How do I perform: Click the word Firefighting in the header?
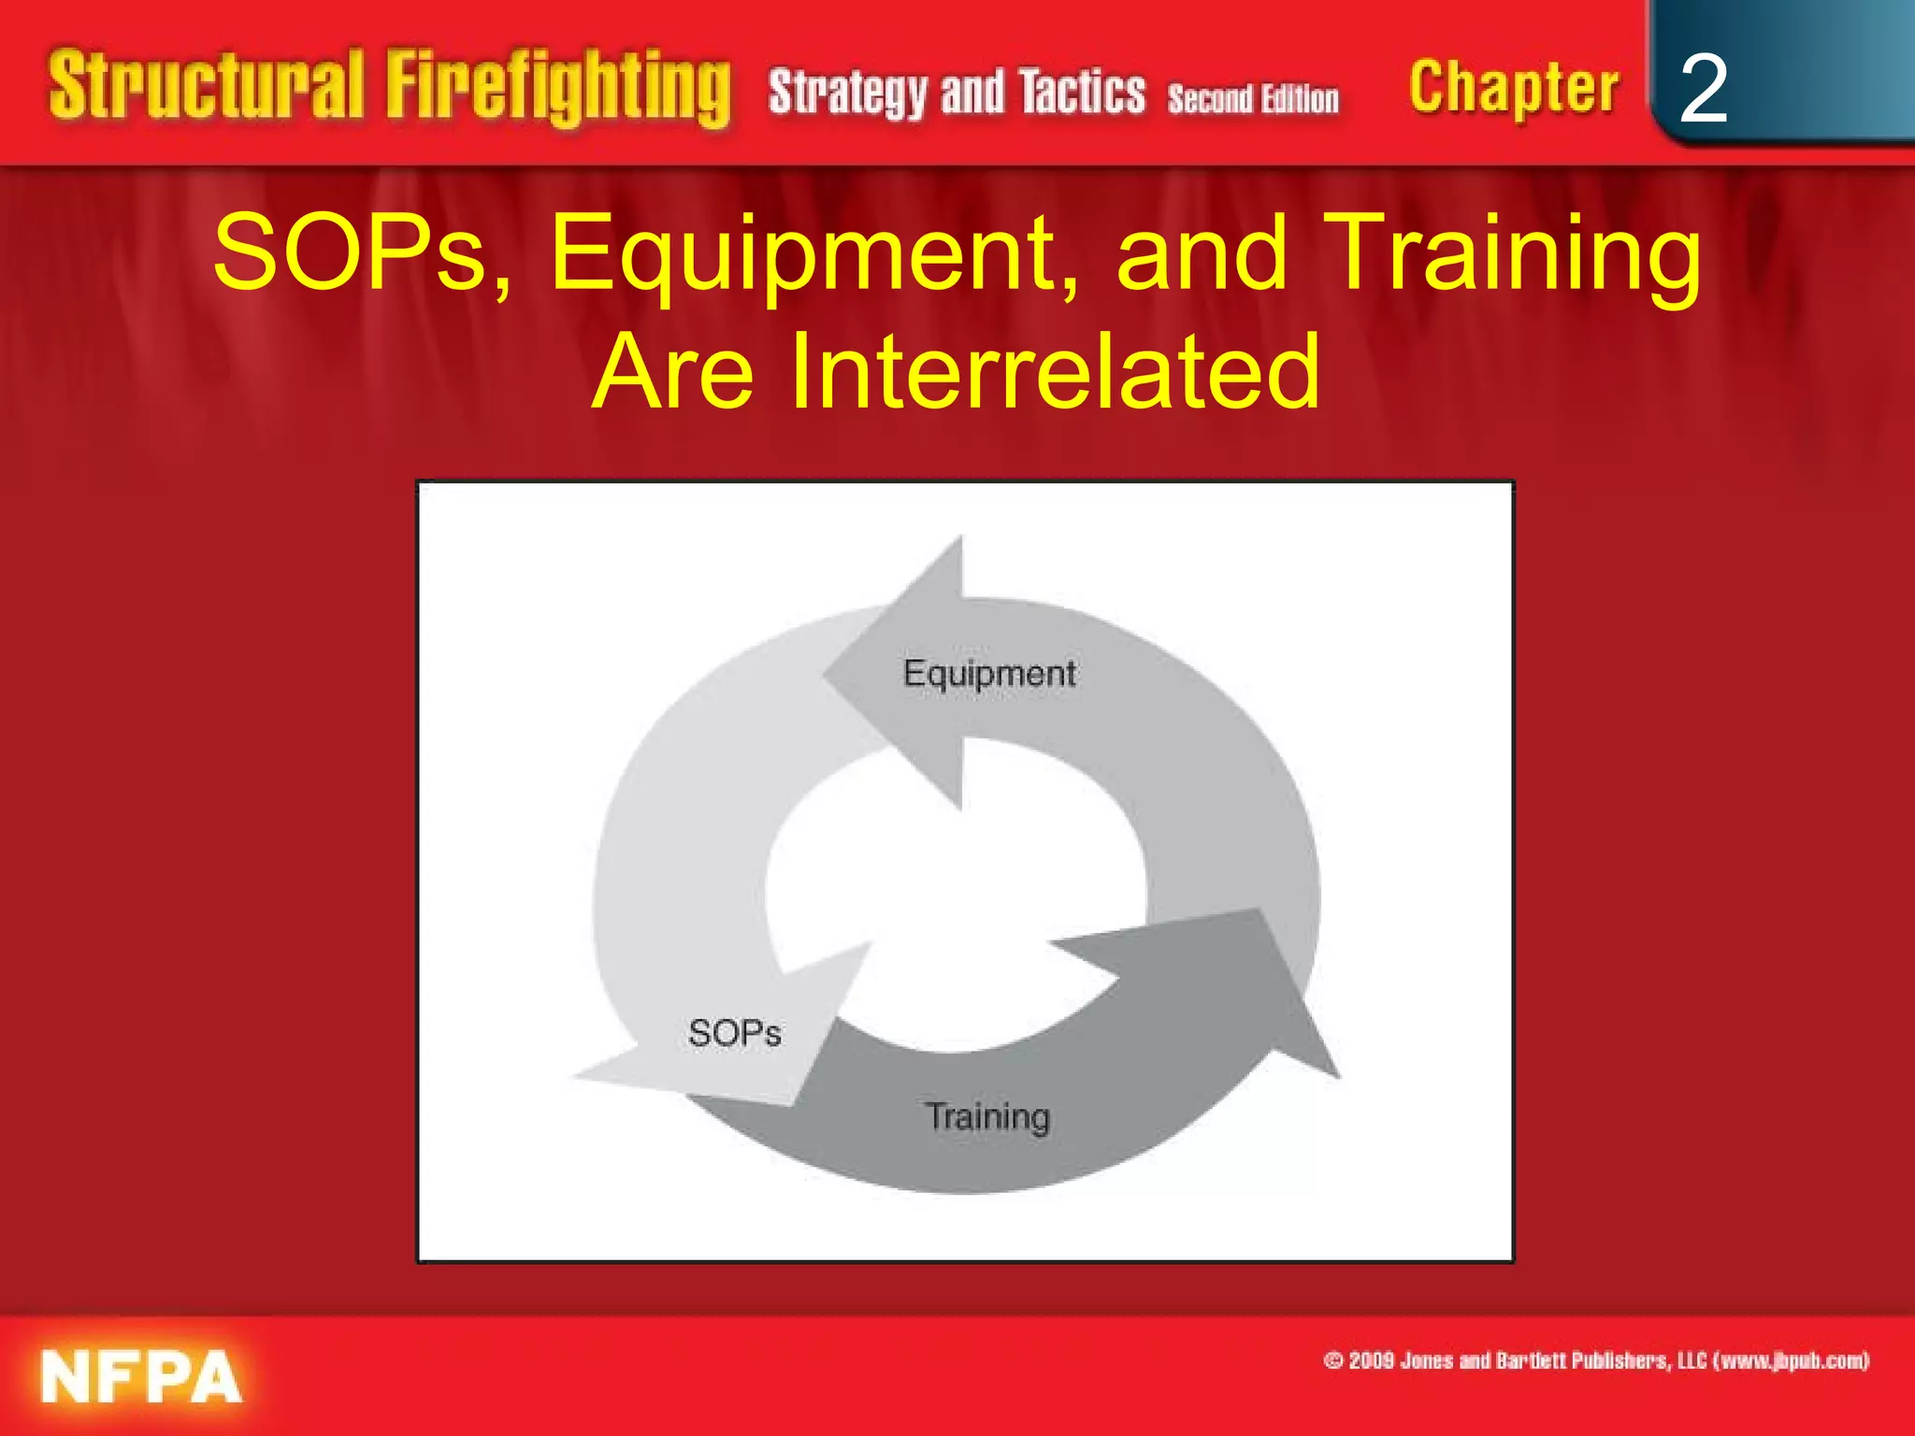[x=558, y=89]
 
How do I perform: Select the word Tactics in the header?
[x=1082, y=92]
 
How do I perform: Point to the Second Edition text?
[x=1253, y=98]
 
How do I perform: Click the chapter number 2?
[x=1703, y=89]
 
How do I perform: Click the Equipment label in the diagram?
[x=989, y=673]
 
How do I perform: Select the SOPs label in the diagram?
[x=735, y=1033]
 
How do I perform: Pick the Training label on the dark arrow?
[x=987, y=1116]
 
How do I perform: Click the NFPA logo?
[x=140, y=1375]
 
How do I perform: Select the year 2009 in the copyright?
[x=1371, y=1360]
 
